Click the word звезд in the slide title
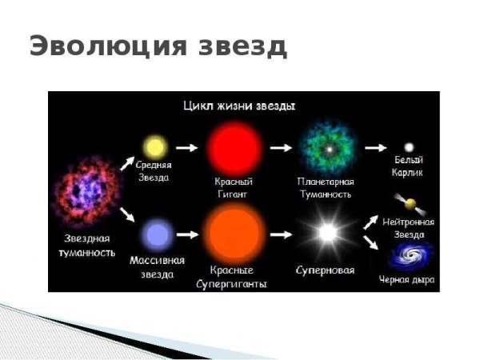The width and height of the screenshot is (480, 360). (x=239, y=46)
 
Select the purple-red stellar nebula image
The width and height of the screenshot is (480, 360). (x=83, y=193)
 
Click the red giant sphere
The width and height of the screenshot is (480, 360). (x=234, y=147)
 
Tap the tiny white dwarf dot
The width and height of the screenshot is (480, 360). (x=409, y=147)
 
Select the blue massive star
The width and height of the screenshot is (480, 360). (x=157, y=234)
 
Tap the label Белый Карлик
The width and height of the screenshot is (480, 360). (x=409, y=166)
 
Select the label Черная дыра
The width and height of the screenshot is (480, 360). (x=407, y=280)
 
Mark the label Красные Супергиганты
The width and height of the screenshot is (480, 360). (x=236, y=278)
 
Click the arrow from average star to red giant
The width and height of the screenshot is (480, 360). (x=186, y=147)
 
